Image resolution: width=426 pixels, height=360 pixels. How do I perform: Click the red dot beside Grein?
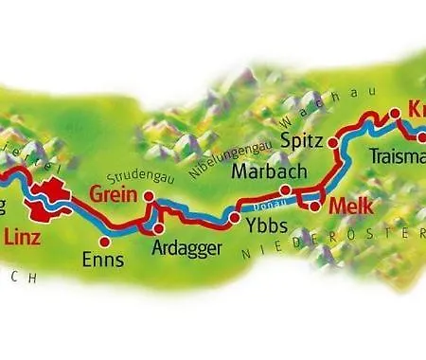(x=149, y=195)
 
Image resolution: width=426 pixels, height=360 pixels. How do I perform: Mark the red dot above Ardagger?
(x=159, y=227)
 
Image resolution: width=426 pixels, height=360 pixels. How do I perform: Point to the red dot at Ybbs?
(x=235, y=219)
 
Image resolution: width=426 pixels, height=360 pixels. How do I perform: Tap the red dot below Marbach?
(x=284, y=189)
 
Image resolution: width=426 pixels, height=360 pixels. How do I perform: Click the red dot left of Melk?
(x=314, y=204)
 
